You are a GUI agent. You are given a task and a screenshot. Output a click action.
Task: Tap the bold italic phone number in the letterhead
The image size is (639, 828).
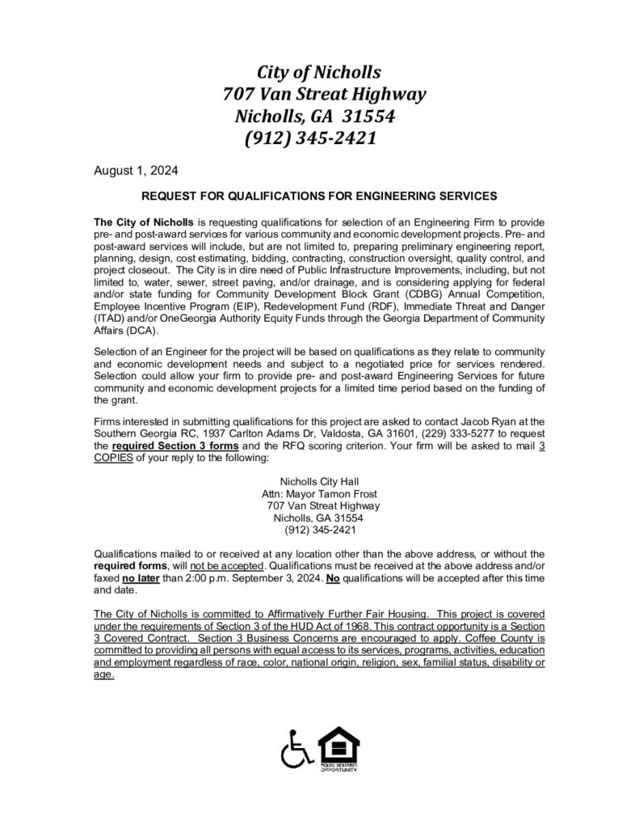click(309, 138)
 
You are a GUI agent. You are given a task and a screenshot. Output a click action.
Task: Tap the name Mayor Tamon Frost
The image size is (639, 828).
click(334, 493)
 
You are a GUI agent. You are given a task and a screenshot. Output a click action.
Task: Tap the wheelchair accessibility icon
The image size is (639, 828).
click(296, 751)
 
